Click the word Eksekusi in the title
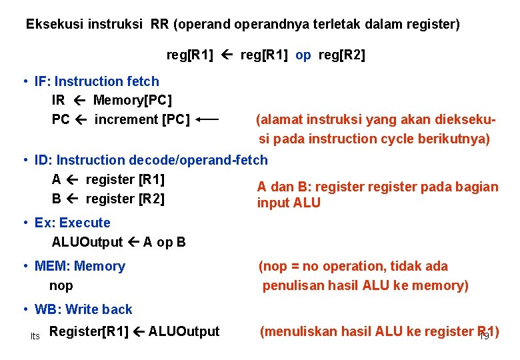[x=50, y=25]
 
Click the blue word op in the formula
[x=303, y=55]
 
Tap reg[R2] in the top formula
[x=342, y=55]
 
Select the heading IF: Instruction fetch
[x=97, y=81]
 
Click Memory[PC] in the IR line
[x=133, y=101]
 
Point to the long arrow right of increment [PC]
[x=209, y=120]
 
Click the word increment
[x=125, y=120]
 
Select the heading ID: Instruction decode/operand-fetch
[x=151, y=160]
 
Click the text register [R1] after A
[x=125, y=179]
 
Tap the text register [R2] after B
[x=125, y=199]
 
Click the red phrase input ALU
[x=289, y=203]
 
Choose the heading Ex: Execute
[x=72, y=223]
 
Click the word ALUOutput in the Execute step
[x=87, y=242]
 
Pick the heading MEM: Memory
[x=79, y=266]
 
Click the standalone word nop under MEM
[x=61, y=285]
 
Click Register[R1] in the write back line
[x=89, y=331]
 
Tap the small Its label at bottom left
[x=35, y=336]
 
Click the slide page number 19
[x=484, y=336]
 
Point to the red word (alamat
[x=279, y=120]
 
